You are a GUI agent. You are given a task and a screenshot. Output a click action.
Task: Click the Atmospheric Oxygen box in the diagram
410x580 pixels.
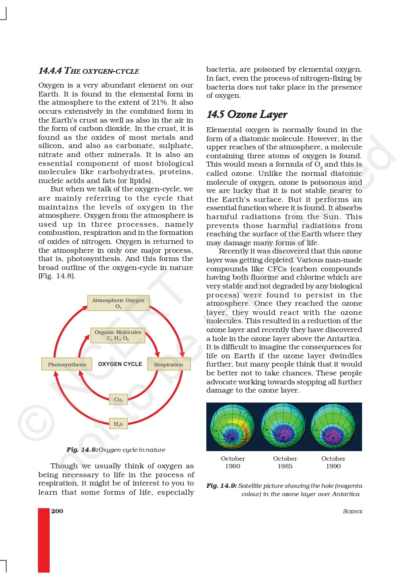click(x=118, y=303)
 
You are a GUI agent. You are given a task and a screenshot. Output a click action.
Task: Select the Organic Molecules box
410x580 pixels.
click(x=118, y=335)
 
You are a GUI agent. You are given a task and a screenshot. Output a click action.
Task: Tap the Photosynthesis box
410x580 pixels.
click(x=67, y=364)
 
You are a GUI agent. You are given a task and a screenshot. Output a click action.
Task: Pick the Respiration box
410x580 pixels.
click(x=169, y=364)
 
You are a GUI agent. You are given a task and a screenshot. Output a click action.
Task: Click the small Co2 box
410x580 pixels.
click(x=118, y=400)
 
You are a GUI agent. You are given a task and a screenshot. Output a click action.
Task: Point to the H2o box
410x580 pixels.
click(x=118, y=424)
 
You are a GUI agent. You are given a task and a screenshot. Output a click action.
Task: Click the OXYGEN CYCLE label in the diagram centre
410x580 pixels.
click(x=120, y=364)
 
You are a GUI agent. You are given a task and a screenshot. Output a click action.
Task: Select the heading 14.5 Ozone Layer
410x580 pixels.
click(x=247, y=114)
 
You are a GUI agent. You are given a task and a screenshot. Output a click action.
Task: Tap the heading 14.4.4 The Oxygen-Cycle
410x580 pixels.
click(x=89, y=71)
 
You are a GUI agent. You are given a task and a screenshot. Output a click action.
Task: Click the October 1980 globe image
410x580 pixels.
click(x=233, y=427)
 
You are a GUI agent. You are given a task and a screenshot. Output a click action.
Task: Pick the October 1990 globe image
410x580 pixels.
click(x=334, y=427)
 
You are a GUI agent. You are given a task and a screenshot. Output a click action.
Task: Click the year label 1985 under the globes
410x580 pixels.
click(x=285, y=466)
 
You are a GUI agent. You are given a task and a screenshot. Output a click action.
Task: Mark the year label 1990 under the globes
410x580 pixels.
click(x=333, y=466)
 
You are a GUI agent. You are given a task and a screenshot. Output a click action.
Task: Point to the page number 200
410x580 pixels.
click(x=57, y=511)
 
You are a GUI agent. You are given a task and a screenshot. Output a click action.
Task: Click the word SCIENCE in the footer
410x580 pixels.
click(x=352, y=512)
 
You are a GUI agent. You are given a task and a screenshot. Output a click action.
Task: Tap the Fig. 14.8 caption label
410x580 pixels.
click(x=82, y=450)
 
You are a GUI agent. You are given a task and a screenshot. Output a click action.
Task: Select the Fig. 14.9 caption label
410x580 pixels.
click(x=222, y=486)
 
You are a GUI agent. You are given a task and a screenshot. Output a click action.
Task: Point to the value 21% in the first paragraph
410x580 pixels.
click(x=159, y=102)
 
